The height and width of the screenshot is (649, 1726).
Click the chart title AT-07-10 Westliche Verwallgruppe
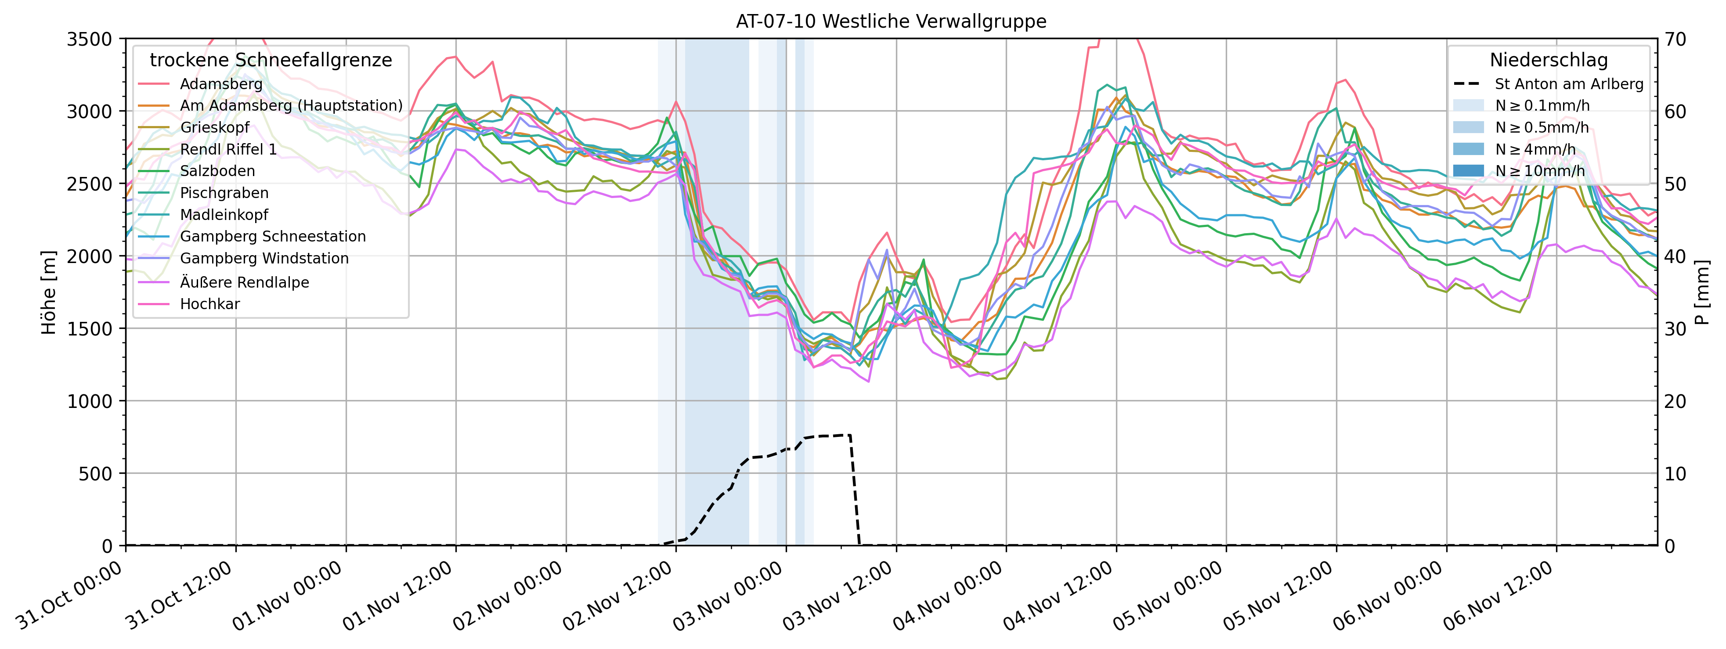click(x=891, y=22)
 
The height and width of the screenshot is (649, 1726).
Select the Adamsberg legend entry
click(x=221, y=84)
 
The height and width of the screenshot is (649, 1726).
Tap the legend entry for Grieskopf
click(x=214, y=127)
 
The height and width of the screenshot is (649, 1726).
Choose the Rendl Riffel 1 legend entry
click(x=228, y=149)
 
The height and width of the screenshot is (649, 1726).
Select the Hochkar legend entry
click(x=210, y=304)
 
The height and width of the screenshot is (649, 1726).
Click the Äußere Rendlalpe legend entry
click(x=245, y=282)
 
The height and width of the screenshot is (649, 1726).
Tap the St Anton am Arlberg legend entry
click(x=1568, y=84)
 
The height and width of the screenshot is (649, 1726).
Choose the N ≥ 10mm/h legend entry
click(x=1540, y=171)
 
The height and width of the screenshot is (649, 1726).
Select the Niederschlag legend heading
click(x=1549, y=60)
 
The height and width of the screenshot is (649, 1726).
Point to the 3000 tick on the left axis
click(x=89, y=111)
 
